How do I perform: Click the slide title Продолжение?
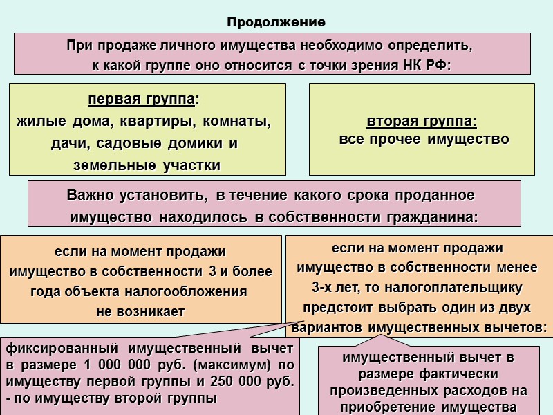[x=276, y=23]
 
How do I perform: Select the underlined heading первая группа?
[x=142, y=100]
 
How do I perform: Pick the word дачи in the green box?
[x=68, y=144]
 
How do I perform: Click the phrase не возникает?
[x=140, y=311]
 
